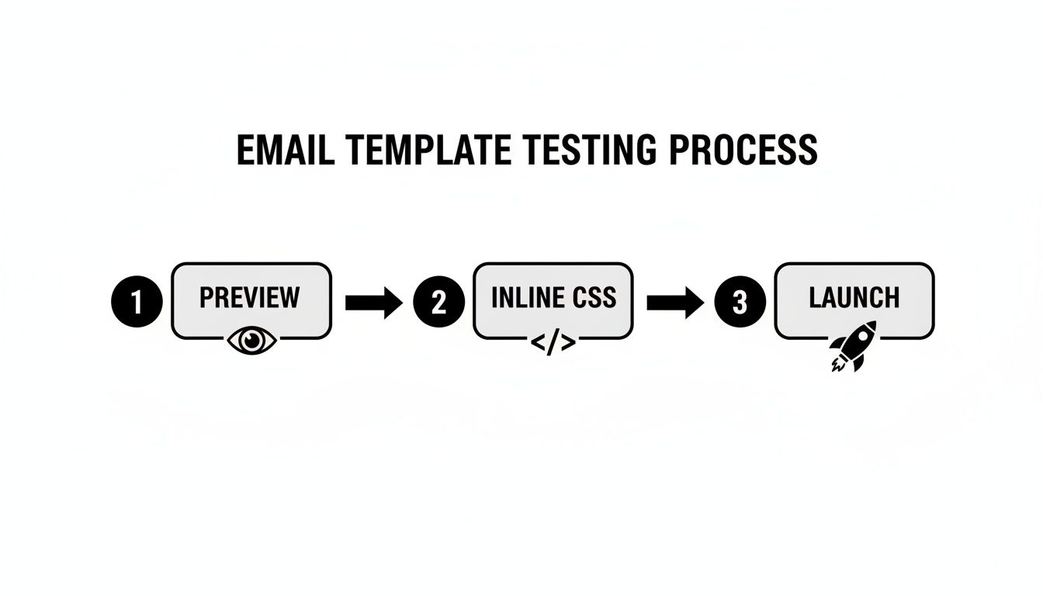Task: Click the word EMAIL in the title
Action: tap(285, 151)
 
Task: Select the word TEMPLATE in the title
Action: tap(424, 151)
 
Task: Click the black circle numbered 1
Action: tap(137, 302)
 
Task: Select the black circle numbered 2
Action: tap(438, 302)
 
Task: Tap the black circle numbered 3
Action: tap(740, 302)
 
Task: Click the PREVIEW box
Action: tap(251, 300)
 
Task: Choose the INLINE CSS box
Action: tap(553, 300)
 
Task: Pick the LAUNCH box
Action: tap(854, 300)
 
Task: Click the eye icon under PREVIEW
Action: tap(252, 340)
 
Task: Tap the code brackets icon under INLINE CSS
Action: tap(553, 341)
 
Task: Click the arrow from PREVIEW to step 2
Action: tap(373, 302)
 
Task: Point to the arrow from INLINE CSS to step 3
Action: tap(675, 302)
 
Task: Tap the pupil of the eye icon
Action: tap(252, 340)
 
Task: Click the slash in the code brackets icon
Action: tap(553, 342)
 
